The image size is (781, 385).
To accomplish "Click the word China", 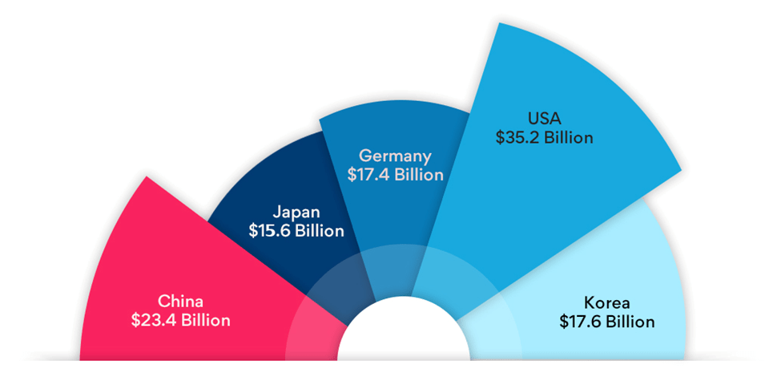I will [180, 302].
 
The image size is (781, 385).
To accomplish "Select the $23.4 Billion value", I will [180, 320].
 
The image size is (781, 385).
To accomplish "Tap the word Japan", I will [296, 213].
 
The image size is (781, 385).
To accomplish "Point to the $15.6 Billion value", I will [296, 231].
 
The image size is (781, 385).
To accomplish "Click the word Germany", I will [395, 156].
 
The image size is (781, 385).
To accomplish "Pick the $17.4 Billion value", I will [395, 174].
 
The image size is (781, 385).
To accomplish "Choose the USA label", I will [544, 119].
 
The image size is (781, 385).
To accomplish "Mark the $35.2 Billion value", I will [544, 137].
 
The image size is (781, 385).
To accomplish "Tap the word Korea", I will [606, 303].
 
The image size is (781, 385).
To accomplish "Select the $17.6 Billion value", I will [606, 322].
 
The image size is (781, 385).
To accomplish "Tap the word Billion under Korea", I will [627, 322].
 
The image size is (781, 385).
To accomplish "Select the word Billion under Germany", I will [416, 174].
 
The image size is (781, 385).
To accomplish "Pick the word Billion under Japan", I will [317, 231].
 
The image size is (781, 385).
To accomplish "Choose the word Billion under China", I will [203, 320].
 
